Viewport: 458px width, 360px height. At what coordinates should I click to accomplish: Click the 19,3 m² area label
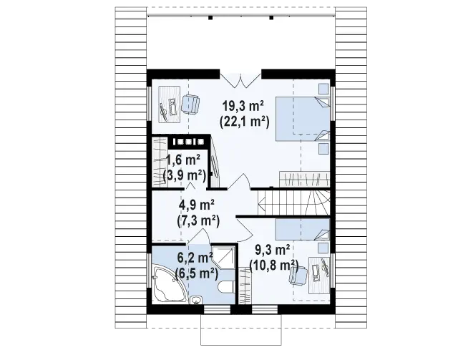pos(243,107)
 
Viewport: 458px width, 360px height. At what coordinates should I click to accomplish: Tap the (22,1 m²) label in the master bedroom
pos(244,121)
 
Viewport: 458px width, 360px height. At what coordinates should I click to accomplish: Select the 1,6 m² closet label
pos(183,160)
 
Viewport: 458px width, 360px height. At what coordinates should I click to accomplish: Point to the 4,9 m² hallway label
pos(197,205)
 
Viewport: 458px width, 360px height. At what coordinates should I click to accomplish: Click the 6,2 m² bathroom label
pos(195,258)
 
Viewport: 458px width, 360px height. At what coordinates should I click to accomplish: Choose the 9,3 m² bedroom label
pos(273,250)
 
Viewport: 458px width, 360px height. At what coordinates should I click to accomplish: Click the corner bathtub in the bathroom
pos(169,283)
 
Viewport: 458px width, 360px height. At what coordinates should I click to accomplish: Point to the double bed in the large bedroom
pos(303,119)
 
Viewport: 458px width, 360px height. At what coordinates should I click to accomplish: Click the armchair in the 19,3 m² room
pos(190,104)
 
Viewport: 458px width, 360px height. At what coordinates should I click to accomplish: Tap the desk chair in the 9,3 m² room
pos(298,276)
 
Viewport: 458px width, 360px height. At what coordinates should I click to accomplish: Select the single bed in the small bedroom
pos(303,230)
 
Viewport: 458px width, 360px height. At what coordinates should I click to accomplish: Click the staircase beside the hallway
pos(294,203)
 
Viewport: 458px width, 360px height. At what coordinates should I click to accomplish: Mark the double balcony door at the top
pos(240,79)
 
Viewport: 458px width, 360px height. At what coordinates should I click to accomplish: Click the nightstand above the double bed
pos(323,89)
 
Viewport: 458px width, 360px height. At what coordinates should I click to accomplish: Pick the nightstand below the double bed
pos(323,148)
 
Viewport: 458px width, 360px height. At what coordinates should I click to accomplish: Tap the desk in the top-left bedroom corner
pos(169,104)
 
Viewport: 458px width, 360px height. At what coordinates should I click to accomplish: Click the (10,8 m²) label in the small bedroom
pos(273,265)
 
